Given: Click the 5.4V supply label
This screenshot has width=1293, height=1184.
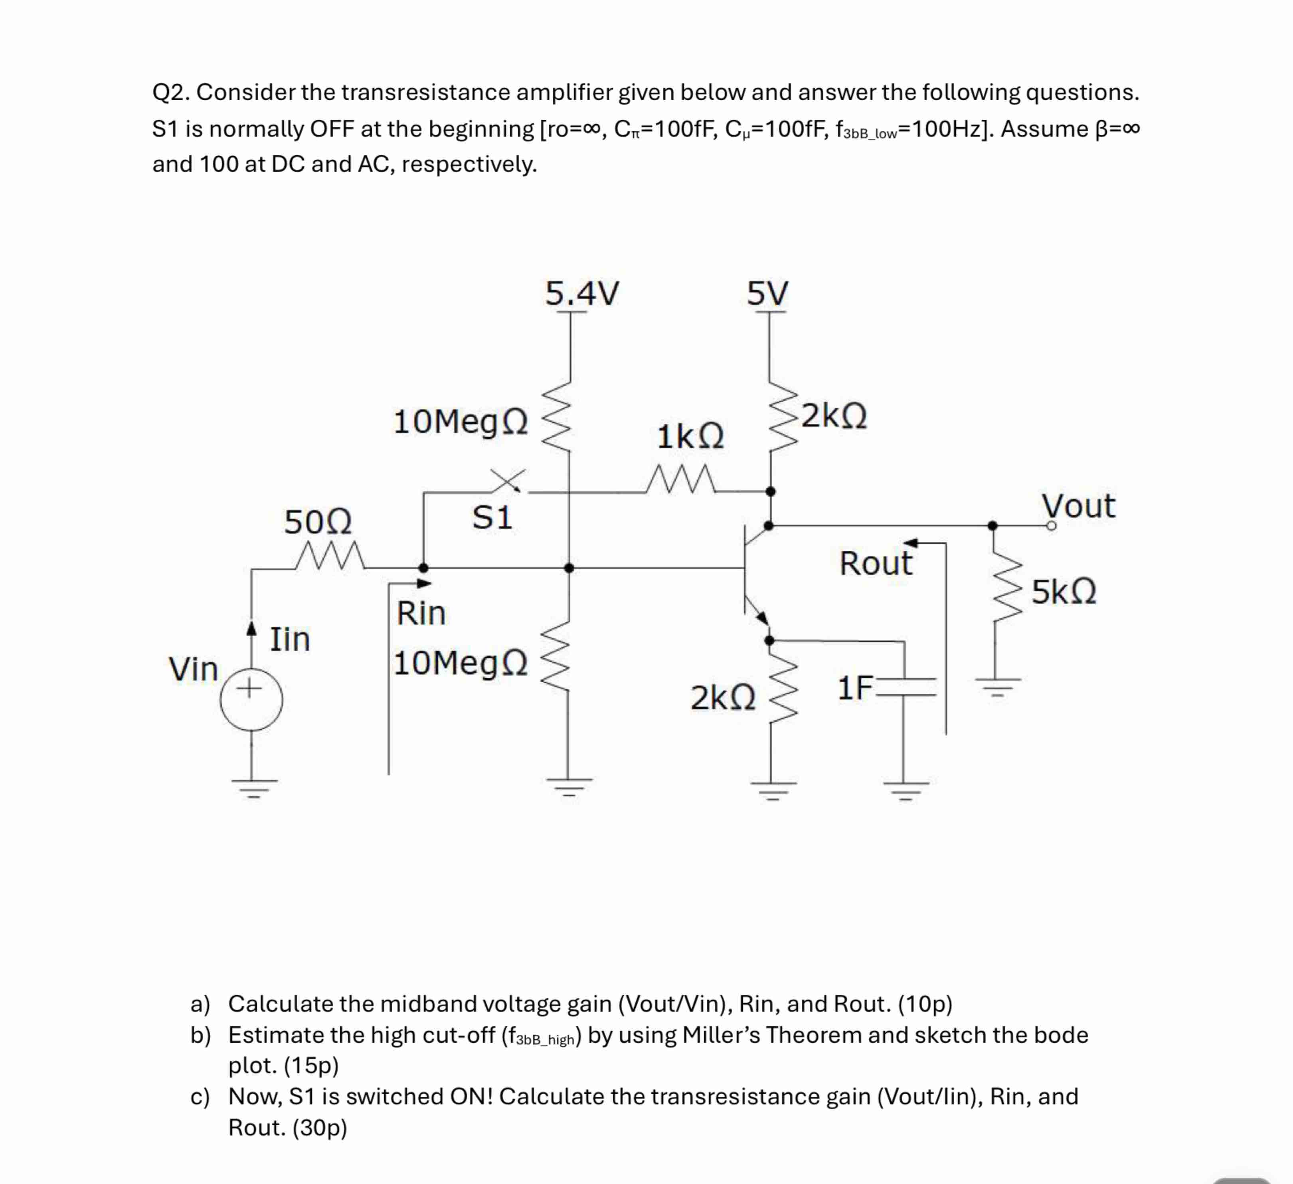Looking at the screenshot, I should pyautogui.click(x=582, y=294).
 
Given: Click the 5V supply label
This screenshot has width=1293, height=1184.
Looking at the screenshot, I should pyautogui.click(x=768, y=294).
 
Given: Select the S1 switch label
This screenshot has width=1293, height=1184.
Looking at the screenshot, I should pyautogui.click(x=492, y=518).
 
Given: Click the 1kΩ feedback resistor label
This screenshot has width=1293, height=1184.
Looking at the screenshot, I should pyautogui.click(x=691, y=437).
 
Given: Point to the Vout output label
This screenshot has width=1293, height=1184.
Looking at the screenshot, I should pyautogui.click(x=1078, y=506).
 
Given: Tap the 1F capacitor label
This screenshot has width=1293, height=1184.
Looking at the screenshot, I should pyautogui.click(x=855, y=688).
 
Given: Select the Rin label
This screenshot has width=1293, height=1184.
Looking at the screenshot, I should pyautogui.click(x=421, y=613).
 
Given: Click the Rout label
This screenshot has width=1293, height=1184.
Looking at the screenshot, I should pyautogui.click(x=876, y=563).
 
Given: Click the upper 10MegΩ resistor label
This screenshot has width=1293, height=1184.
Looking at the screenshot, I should pyautogui.click(x=461, y=422).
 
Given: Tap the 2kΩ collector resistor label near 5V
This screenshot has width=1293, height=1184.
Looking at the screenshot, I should pyautogui.click(x=834, y=416).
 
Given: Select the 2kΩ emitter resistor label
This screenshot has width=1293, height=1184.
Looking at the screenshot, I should pyautogui.click(x=723, y=698).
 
